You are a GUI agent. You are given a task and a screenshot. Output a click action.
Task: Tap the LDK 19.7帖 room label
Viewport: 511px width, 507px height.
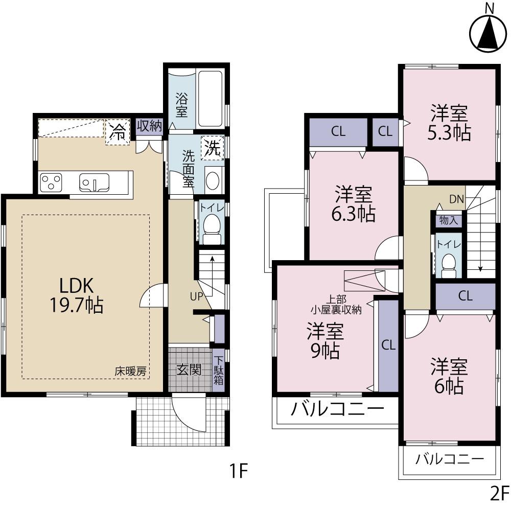(76, 295)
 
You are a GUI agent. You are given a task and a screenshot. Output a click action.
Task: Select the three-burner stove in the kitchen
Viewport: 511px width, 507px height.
(51, 181)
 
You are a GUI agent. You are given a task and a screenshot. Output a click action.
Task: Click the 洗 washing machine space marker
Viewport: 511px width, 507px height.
(212, 148)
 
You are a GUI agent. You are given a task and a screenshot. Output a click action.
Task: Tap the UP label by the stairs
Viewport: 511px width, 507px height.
(197, 296)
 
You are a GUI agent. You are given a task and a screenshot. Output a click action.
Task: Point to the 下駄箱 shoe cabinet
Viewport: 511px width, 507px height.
(218, 371)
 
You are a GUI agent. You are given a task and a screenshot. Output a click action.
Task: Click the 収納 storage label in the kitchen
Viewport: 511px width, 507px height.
(149, 126)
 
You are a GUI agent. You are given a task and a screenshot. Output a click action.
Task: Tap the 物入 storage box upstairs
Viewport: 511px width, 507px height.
(449, 220)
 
